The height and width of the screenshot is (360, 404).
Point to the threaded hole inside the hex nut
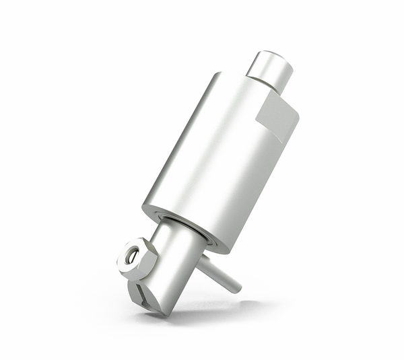point(132,256)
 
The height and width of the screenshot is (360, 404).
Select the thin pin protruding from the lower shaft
point(219,275)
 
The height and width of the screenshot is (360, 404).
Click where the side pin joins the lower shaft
point(202,262)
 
